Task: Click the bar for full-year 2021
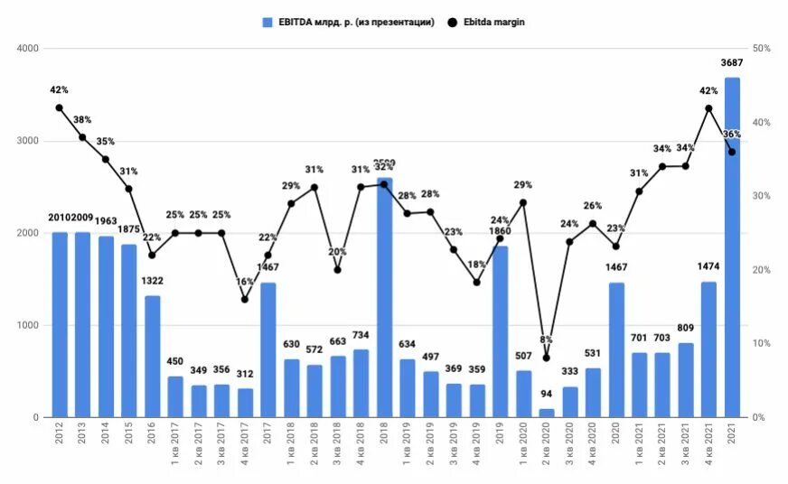pyautogui.click(x=732, y=248)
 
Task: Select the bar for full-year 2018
pyautogui.click(x=384, y=298)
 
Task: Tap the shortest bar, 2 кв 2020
pyautogui.click(x=546, y=413)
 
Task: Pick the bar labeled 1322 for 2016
pyautogui.click(x=153, y=357)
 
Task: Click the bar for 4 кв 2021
pyautogui.click(x=709, y=349)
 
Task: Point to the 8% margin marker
pyautogui.click(x=546, y=358)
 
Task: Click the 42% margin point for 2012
pyautogui.click(x=60, y=107)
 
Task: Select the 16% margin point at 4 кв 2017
pyautogui.click(x=245, y=299)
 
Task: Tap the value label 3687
pyautogui.click(x=733, y=62)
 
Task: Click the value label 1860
pyautogui.click(x=500, y=232)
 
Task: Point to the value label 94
pyautogui.click(x=546, y=395)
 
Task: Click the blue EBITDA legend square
pyautogui.click(x=267, y=22)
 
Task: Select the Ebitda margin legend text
pyautogui.click(x=494, y=22)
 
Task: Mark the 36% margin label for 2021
pyautogui.click(x=732, y=135)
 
